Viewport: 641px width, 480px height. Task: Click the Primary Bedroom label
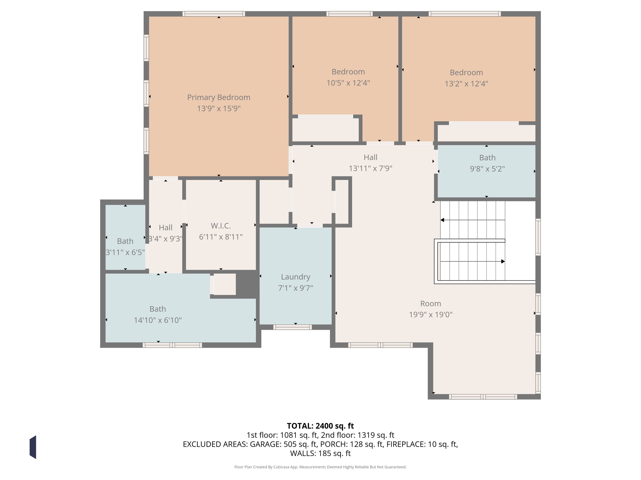pos(219,98)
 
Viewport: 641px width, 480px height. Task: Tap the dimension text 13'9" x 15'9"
pos(219,108)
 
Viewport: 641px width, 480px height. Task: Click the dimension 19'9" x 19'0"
pos(431,315)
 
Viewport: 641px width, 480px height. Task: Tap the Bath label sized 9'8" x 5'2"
pos(487,158)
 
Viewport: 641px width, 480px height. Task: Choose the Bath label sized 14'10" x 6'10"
pos(158,309)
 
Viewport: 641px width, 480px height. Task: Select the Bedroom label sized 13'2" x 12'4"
pos(466,73)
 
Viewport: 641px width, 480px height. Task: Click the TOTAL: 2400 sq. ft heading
pos(320,426)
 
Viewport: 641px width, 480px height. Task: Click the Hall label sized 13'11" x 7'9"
pos(370,157)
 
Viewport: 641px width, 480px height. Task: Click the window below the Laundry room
pos(292,327)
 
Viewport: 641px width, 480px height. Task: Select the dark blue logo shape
pos(33,447)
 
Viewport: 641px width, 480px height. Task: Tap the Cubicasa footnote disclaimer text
pos(320,467)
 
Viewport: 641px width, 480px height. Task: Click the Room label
pos(431,304)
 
